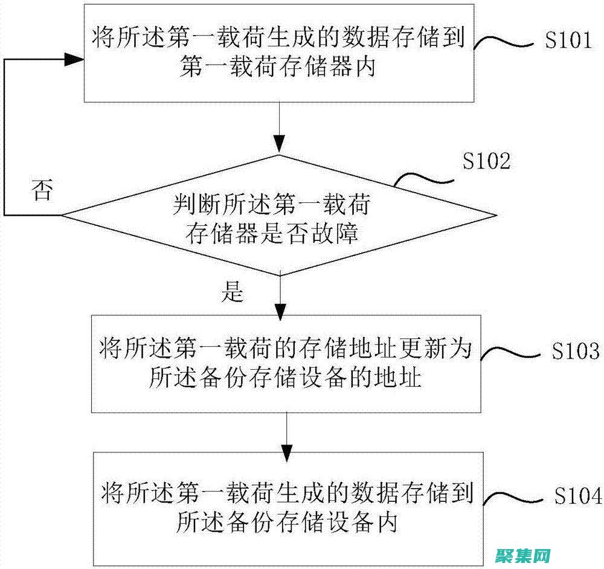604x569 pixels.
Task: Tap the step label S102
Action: [x=486, y=162]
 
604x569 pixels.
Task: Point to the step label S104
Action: [x=577, y=496]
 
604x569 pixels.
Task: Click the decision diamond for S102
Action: [x=279, y=214]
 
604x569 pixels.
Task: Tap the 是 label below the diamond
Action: [x=233, y=293]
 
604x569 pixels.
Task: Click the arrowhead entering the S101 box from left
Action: [x=73, y=59]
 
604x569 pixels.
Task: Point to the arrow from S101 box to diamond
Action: [x=279, y=127]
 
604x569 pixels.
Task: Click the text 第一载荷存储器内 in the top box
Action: [x=277, y=68]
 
